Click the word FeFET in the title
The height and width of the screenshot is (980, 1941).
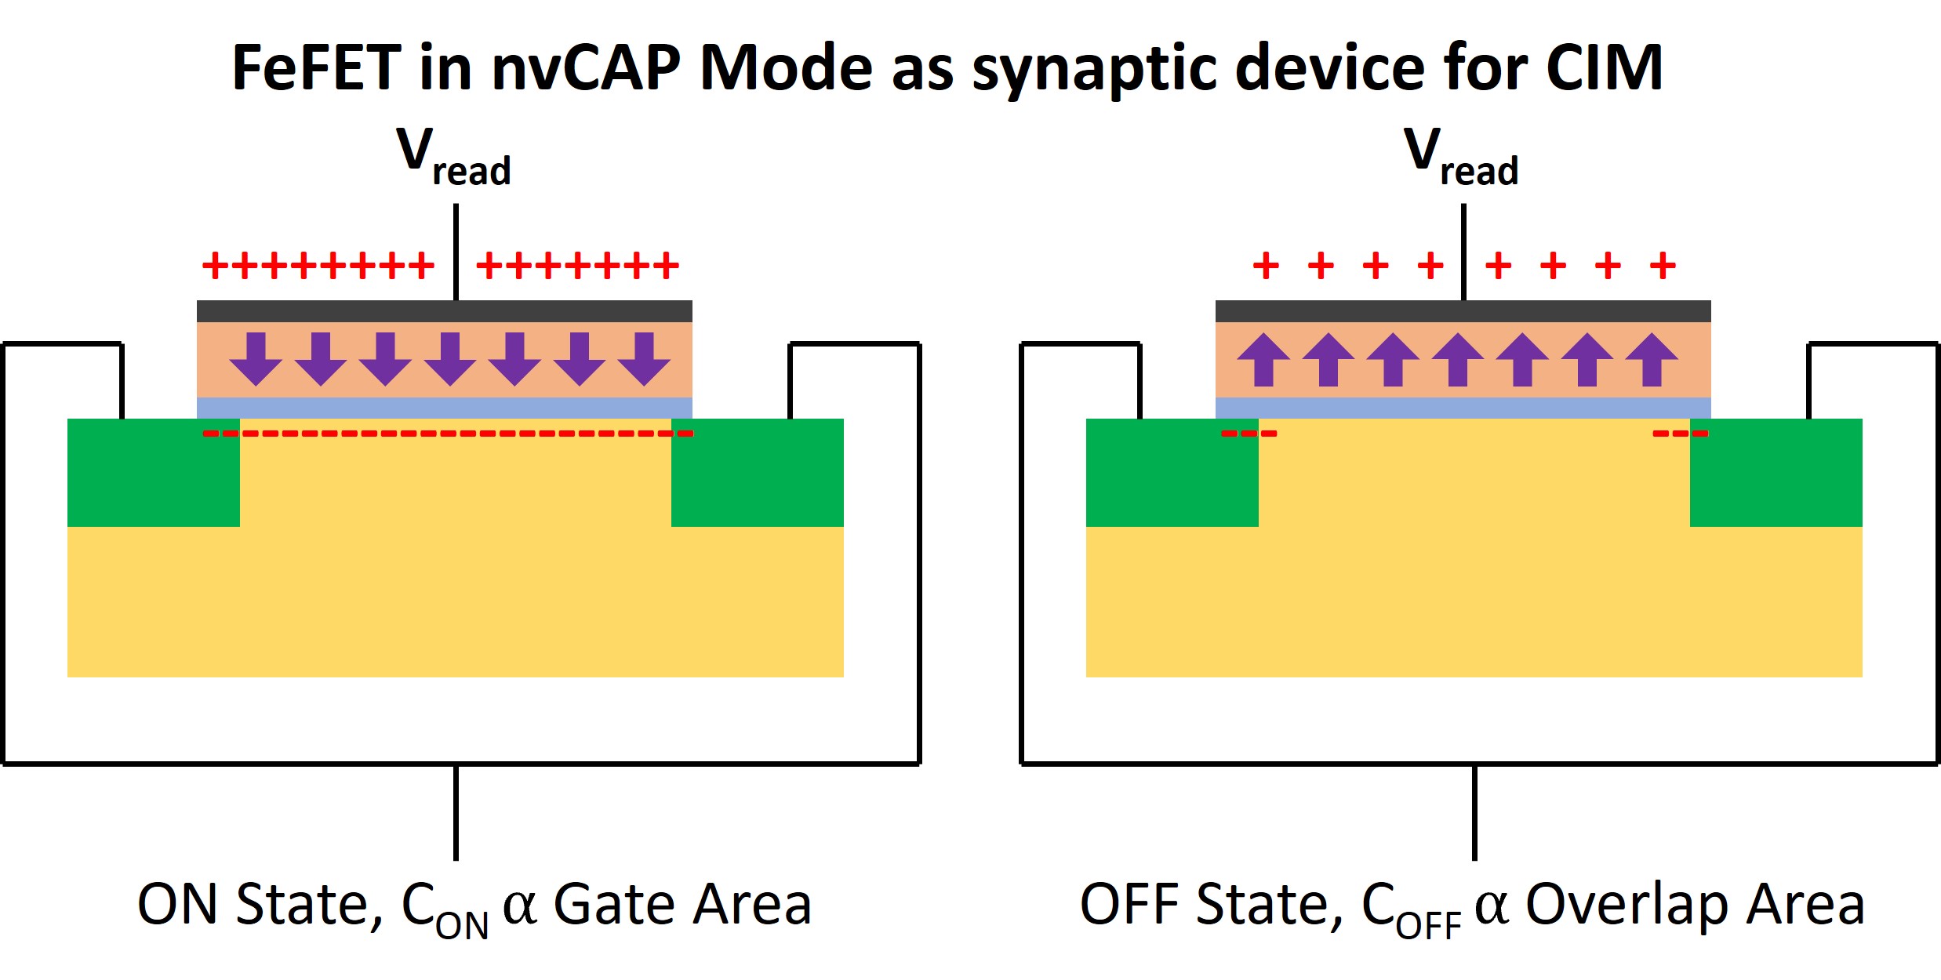pyautogui.click(x=316, y=69)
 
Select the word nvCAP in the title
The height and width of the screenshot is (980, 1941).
pyautogui.click(x=586, y=69)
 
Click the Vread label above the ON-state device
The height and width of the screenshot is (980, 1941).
pyautogui.click(x=453, y=157)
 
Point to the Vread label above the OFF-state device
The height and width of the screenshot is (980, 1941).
pyautogui.click(x=1460, y=157)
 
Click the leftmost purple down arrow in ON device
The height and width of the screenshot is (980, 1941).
pyautogui.click(x=256, y=358)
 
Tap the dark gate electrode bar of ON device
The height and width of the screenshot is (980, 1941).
pyautogui.click(x=444, y=311)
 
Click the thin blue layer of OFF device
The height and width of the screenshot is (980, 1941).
pyautogui.click(x=1463, y=408)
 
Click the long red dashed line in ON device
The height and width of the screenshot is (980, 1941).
pyautogui.click(x=447, y=433)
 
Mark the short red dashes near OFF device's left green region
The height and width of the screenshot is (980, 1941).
pyautogui.click(x=1249, y=433)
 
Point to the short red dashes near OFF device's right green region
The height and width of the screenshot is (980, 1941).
pyautogui.click(x=1680, y=433)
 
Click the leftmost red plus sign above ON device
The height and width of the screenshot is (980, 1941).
pyautogui.click(x=214, y=266)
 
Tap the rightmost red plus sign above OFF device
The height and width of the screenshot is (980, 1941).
pyautogui.click(x=1663, y=266)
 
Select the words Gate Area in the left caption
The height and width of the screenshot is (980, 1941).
pyautogui.click(x=682, y=904)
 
